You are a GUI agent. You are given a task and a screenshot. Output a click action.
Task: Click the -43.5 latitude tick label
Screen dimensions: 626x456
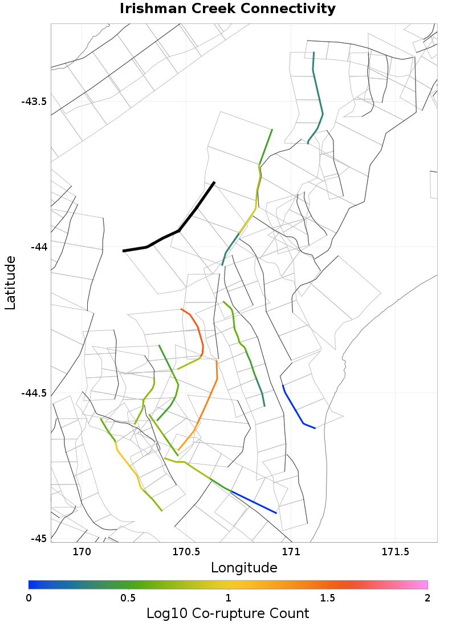[34, 102]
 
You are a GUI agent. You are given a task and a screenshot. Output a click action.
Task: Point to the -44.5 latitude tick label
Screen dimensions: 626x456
[34, 393]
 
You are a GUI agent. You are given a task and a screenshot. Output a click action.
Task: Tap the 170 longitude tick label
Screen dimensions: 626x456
[82, 552]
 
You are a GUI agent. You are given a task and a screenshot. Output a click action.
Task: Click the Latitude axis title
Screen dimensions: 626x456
[10, 282]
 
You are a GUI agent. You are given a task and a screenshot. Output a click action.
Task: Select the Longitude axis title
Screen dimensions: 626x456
[244, 568]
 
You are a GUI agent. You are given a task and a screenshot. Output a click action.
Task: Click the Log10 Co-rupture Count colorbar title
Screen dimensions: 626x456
[228, 613]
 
